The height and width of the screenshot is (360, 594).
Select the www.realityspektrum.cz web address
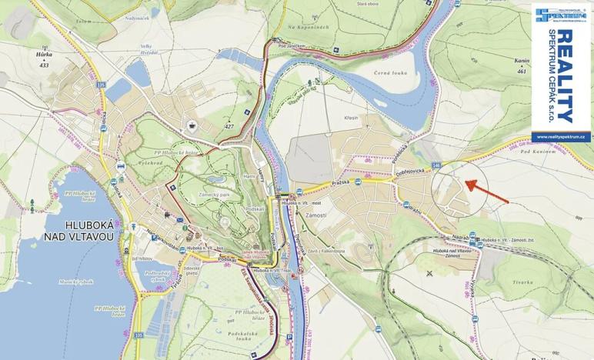(x=562, y=136)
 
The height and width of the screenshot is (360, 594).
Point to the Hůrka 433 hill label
(x=45, y=60)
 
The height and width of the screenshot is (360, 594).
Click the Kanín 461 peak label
(x=522, y=65)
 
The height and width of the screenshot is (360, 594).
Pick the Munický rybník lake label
(x=73, y=282)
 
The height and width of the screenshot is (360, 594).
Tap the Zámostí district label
(x=315, y=215)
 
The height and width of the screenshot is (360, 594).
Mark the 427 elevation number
(x=228, y=126)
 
